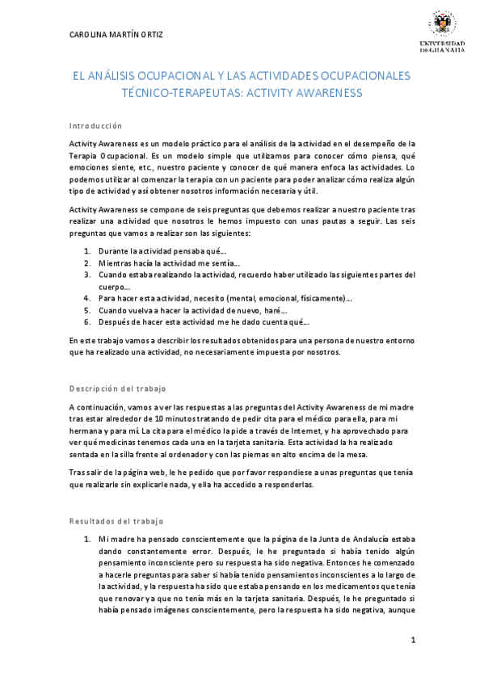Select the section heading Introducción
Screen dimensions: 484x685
95,126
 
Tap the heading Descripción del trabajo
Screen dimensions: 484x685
118,389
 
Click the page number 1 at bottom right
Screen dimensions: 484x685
413,641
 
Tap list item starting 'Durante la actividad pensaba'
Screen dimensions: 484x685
162,251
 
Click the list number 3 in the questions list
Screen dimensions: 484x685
87,275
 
